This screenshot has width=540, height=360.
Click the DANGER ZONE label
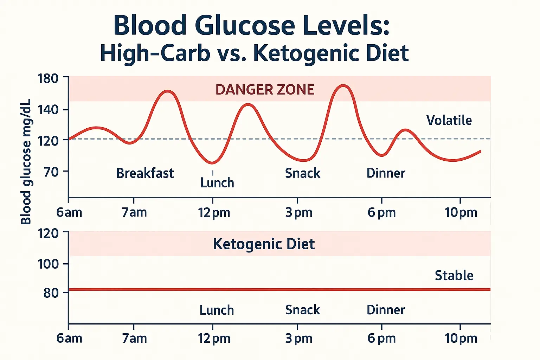click(x=265, y=90)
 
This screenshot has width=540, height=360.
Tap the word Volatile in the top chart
click(x=449, y=121)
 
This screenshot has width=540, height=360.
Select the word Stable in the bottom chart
click(x=454, y=276)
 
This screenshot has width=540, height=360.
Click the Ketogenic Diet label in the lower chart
click(x=264, y=244)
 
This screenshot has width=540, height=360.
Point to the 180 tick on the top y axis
click(x=48, y=78)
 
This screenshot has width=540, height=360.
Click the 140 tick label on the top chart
click(x=48, y=110)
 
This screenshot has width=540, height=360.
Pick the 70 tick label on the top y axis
click(x=51, y=172)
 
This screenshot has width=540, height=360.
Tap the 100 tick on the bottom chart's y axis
click(x=48, y=264)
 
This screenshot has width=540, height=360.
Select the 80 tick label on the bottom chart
click(x=51, y=293)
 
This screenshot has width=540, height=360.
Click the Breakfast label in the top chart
click(x=145, y=173)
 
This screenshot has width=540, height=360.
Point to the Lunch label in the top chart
click(x=217, y=183)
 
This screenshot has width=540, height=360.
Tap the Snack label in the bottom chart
click(x=302, y=310)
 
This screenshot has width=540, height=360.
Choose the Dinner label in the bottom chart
click(x=386, y=310)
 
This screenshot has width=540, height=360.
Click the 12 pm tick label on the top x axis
click(x=214, y=213)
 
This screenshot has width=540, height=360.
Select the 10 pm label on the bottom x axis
click(x=461, y=339)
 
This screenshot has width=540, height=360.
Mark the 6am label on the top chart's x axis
click(x=69, y=213)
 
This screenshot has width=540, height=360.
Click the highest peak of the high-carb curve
click(x=343, y=85)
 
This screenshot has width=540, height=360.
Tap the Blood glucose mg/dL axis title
click(x=26, y=162)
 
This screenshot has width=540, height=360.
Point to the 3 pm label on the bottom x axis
click(x=298, y=339)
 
